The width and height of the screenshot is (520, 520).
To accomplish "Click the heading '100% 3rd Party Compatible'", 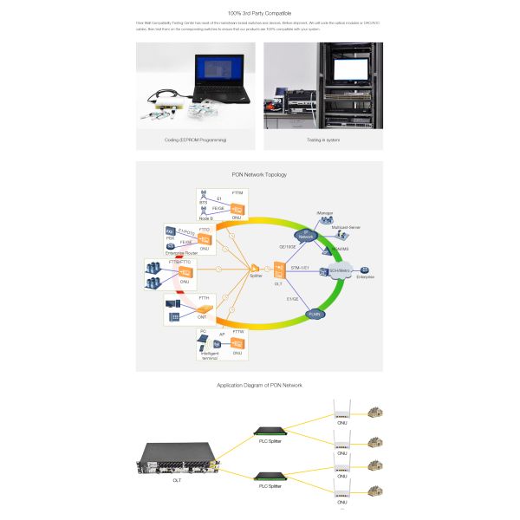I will pos(260,13).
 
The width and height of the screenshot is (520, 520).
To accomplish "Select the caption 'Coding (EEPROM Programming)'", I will pos(195,139).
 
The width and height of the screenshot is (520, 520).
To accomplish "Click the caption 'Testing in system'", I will pos(323,139).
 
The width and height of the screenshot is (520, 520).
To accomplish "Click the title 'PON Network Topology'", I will pos(260,174).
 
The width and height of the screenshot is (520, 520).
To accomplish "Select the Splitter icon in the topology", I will pos(256,269).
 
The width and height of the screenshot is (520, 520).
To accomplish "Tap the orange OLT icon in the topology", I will pos(278,270).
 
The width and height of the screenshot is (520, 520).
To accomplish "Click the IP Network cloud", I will pos(305,236).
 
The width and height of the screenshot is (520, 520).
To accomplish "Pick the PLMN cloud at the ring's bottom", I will pos(316,313).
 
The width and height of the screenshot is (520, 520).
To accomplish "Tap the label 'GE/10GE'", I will pos(287,245).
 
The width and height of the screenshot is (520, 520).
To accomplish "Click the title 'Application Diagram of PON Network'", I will pos(260,385).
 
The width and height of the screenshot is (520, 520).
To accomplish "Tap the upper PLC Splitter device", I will pos(270,431).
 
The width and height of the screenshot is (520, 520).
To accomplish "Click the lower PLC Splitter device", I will pos(270,476).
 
